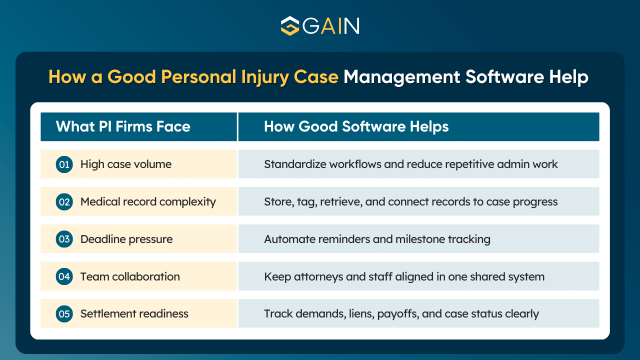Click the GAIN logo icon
[x=289, y=25]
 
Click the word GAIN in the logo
[x=330, y=25]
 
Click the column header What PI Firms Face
[x=123, y=126]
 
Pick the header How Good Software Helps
[x=356, y=126]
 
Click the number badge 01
[x=64, y=164]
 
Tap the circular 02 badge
[x=64, y=201]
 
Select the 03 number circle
[x=64, y=239]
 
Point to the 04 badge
[x=64, y=276]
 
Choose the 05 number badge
[x=64, y=314]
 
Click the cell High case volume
[x=125, y=164]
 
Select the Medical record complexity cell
[x=148, y=201]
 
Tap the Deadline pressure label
[x=126, y=239]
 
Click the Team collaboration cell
[x=130, y=276]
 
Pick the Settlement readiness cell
[x=134, y=314]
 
